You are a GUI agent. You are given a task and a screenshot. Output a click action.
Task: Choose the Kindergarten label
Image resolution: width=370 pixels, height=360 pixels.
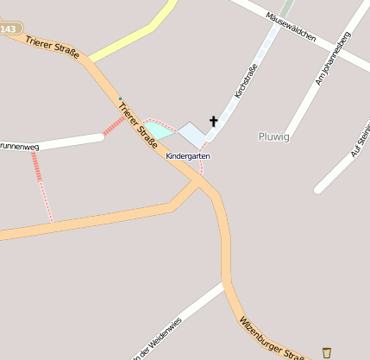(x=188, y=156)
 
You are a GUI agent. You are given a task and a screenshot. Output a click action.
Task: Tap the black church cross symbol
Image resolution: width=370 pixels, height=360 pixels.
(x=213, y=122)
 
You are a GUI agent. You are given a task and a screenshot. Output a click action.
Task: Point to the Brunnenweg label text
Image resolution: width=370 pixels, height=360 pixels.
(x=19, y=147)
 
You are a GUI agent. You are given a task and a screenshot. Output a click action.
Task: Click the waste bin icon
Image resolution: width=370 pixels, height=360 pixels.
(x=326, y=352)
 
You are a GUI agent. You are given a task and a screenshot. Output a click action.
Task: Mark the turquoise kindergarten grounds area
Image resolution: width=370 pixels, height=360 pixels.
(x=157, y=130)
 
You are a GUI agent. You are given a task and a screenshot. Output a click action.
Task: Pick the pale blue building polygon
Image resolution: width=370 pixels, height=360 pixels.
(x=193, y=133)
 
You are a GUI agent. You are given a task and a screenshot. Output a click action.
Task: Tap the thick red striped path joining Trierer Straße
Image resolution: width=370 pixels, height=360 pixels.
(x=113, y=127)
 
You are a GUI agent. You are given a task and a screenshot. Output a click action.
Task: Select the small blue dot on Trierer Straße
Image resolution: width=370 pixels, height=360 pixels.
(x=120, y=98)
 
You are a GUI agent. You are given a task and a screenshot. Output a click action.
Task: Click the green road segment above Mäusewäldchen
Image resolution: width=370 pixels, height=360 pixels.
(x=286, y=7)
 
